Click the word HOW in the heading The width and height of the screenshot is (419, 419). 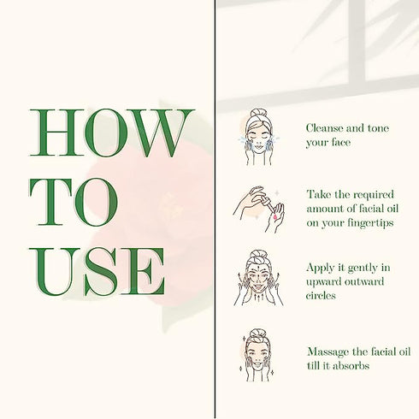coord(112,133)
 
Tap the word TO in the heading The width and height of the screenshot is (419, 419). coord(74,202)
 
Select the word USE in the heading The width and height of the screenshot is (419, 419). coord(97,271)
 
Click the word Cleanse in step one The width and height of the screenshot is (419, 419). coord(325,128)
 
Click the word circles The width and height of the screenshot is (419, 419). coord(321,296)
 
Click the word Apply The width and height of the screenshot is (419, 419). coord(319,269)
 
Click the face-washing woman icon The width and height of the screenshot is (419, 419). coord(258,137)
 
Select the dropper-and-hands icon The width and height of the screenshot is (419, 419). coord(259,209)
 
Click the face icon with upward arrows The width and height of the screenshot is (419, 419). coord(258,278)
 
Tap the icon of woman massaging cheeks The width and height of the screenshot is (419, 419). coord(257,355)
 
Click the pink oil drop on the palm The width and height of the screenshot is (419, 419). coord(275,218)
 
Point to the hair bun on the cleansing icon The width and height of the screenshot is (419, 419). coord(258,113)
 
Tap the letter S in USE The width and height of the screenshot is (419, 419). coord(101,271)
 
